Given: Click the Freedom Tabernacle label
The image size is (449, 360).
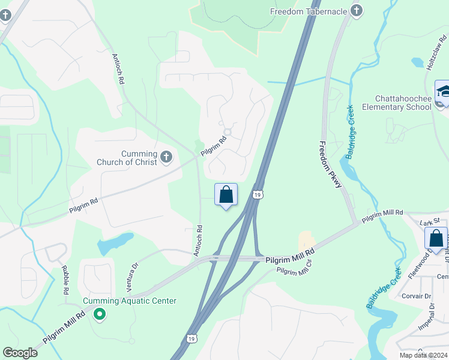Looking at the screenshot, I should [x=309, y=11].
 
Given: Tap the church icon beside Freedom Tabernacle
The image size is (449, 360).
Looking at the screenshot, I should [x=357, y=10].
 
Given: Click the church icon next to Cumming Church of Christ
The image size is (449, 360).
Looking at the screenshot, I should [x=166, y=158].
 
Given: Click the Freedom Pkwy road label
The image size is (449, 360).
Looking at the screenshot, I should [x=330, y=164].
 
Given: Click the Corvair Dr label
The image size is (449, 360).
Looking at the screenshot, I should [x=417, y=296].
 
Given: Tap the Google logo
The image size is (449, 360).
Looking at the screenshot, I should [x=20, y=353].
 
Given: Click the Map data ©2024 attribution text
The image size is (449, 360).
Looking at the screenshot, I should [x=423, y=355].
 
